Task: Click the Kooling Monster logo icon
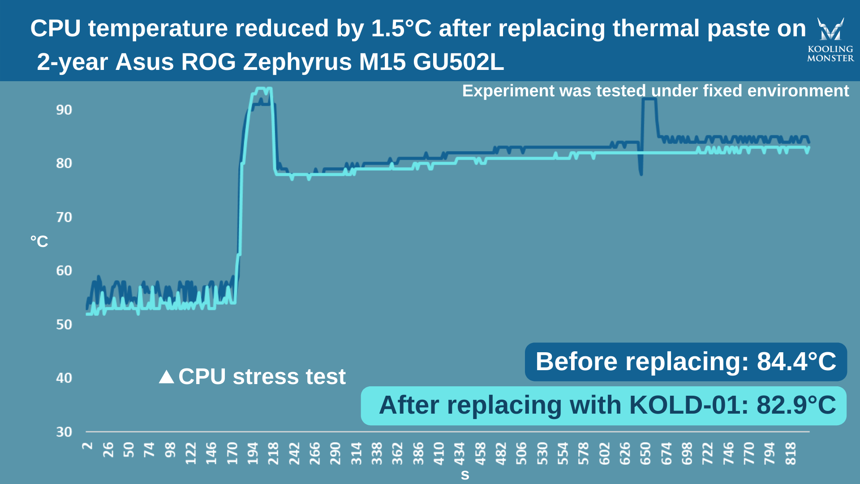(830, 29)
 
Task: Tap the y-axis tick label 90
(64, 110)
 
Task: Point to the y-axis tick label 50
(64, 325)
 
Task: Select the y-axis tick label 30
(64, 432)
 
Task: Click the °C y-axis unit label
(39, 242)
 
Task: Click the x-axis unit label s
(465, 475)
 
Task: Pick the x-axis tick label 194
(253, 453)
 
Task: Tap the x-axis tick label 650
(645, 453)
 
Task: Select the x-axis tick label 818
(791, 453)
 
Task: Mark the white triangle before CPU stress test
(167, 377)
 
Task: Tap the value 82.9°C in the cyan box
(796, 405)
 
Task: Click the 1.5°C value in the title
(401, 29)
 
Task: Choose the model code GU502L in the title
(458, 62)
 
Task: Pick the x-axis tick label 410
(439, 453)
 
